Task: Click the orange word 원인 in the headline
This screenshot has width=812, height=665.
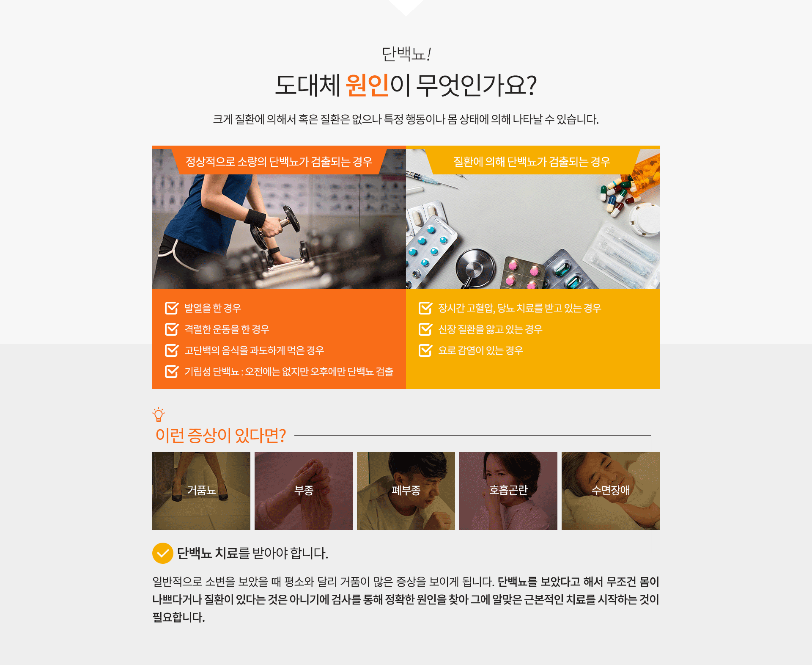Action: point(367,85)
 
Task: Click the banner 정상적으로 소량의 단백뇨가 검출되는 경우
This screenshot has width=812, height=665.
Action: point(279,162)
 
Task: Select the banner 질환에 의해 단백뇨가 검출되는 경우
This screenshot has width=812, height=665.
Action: point(532,162)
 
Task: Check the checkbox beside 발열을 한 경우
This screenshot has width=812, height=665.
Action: point(172,308)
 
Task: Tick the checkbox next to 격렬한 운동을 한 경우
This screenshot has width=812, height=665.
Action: point(172,329)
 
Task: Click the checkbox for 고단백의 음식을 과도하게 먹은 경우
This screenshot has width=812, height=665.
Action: point(172,350)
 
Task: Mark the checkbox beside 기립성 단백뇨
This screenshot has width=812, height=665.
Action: point(172,372)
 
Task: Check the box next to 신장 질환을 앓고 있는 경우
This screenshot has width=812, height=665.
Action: point(425,329)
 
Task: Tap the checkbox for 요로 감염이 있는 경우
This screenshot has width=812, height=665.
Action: point(425,350)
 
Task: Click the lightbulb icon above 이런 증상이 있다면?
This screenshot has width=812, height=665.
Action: point(159,415)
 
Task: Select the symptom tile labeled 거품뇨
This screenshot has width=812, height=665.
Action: point(201,491)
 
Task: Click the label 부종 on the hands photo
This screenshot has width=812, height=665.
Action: point(304,490)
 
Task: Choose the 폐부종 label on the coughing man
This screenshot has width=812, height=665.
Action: point(406,490)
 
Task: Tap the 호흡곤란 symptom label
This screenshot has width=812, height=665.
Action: point(508,490)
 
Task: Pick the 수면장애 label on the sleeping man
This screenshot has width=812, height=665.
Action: point(611,490)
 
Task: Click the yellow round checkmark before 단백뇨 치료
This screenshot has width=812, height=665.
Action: point(163,553)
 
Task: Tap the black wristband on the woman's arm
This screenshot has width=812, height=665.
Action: point(255,218)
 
